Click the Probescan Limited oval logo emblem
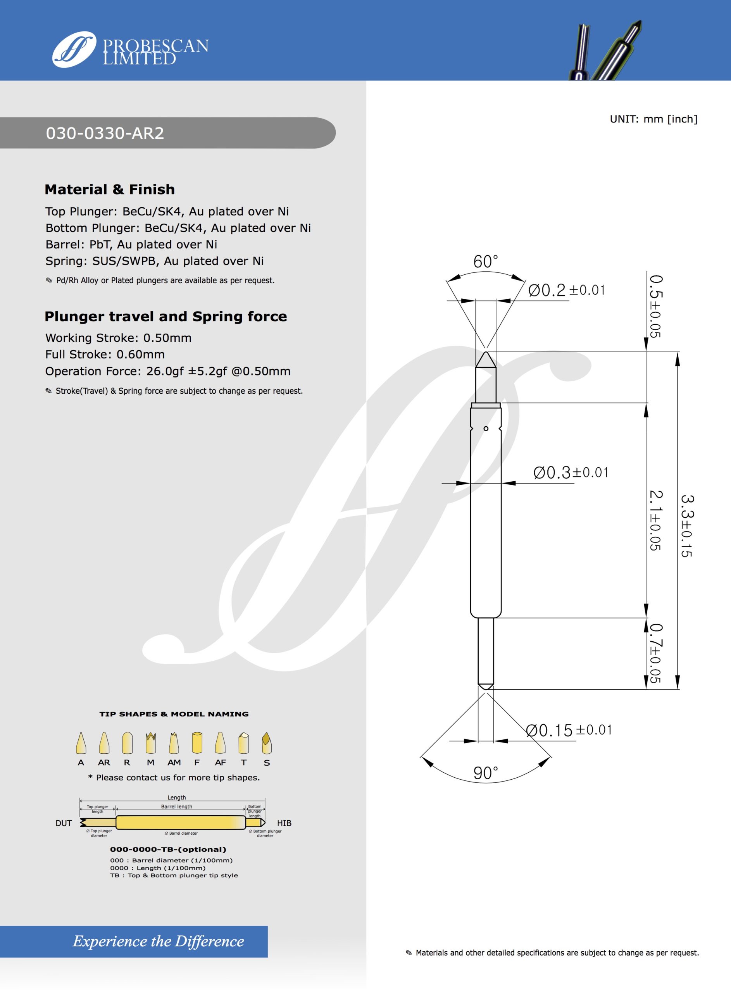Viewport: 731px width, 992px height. click(x=74, y=49)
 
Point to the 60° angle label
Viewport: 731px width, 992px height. click(x=485, y=262)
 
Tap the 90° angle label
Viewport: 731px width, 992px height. click(x=485, y=773)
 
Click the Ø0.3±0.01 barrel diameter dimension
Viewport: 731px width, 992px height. click(x=571, y=472)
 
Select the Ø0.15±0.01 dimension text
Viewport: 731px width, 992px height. click(x=569, y=730)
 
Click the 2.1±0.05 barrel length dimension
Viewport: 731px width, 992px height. click(x=656, y=520)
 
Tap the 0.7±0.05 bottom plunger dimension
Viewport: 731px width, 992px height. click(x=656, y=653)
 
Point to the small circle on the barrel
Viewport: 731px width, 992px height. click(x=486, y=429)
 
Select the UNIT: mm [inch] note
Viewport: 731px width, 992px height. click(x=653, y=119)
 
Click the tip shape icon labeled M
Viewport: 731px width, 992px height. click(x=150, y=743)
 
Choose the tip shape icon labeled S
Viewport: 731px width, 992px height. click(x=266, y=743)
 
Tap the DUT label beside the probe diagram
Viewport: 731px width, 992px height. click(x=64, y=823)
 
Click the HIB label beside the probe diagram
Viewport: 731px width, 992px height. click(x=284, y=823)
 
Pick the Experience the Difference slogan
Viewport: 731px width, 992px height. click(x=159, y=941)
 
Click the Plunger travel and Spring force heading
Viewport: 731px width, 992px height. click(x=166, y=317)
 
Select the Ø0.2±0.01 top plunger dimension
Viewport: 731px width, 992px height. click(x=566, y=291)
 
